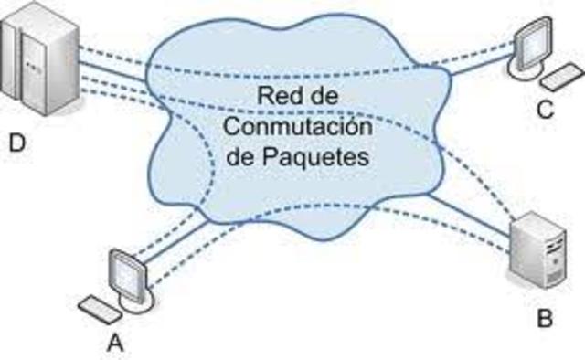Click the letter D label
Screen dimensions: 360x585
(17, 143)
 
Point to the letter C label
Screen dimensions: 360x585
(546, 111)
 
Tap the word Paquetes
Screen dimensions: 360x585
(324, 155)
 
